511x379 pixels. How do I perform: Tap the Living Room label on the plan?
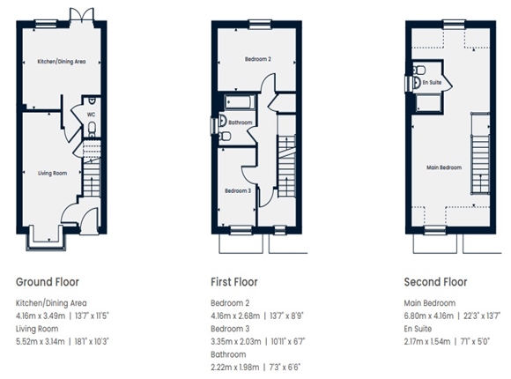[x=53, y=174]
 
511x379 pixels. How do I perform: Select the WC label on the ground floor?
[x=91, y=114]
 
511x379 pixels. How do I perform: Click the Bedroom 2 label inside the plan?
[x=257, y=59]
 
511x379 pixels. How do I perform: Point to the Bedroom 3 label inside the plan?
[x=237, y=190]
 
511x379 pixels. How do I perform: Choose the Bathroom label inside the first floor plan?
[x=241, y=123]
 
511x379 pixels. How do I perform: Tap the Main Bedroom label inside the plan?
[x=444, y=166]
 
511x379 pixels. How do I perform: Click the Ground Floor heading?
[x=48, y=282]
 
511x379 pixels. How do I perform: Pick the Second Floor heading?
[x=435, y=282]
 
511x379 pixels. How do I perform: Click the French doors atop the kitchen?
[x=81, y=17]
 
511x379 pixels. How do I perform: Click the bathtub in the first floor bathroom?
[x=235, y=102]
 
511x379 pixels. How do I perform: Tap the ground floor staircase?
[x=91, y=176]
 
